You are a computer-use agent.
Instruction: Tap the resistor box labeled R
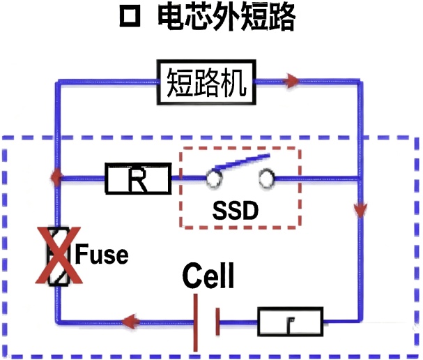[138, 179]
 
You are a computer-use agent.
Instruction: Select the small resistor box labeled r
[291, 322]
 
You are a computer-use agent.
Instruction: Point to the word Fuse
[102, 255]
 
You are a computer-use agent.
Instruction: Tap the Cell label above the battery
[208, 276]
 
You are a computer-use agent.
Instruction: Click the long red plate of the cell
[196, 322]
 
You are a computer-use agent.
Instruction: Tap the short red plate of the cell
[218, 322]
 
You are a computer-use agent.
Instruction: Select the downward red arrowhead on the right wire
[360, 209]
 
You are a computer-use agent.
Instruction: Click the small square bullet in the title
[130, 19]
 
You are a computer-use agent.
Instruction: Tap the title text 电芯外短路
[226, 18]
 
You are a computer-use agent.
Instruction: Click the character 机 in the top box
[235, 83]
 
